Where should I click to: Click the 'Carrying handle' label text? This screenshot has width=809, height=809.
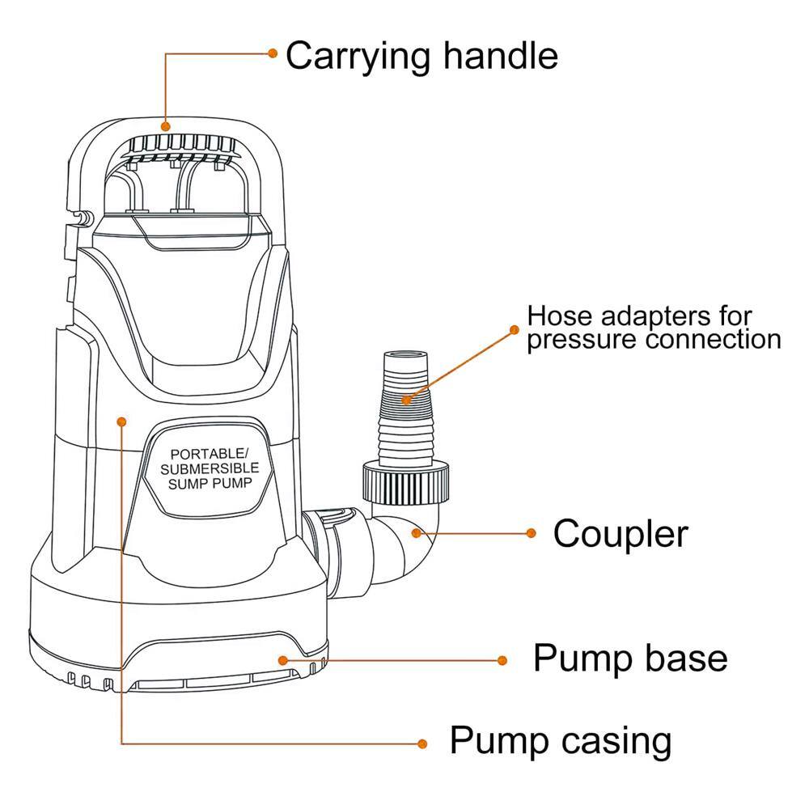click(421, 57)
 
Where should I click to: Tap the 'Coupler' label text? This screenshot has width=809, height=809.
click(621, 534)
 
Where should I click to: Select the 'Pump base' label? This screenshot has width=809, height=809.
click(630, 659)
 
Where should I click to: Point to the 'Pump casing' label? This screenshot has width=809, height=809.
click(560, 740)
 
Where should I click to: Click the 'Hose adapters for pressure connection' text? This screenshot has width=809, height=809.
click(654, 327)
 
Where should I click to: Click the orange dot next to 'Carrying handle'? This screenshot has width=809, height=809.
click(273, 53)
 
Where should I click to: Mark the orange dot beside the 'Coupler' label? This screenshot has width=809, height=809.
click(531, 532)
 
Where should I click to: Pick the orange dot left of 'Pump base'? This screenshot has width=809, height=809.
click(502, 660)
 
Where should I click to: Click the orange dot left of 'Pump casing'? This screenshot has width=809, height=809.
click(421, 743)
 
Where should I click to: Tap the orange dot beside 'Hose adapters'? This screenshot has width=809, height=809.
click(514, 329)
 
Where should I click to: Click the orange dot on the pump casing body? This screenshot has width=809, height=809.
click(121, 421)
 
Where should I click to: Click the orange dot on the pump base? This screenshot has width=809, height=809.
click(282, 660)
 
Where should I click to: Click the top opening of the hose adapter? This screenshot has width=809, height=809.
click(404, 354)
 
